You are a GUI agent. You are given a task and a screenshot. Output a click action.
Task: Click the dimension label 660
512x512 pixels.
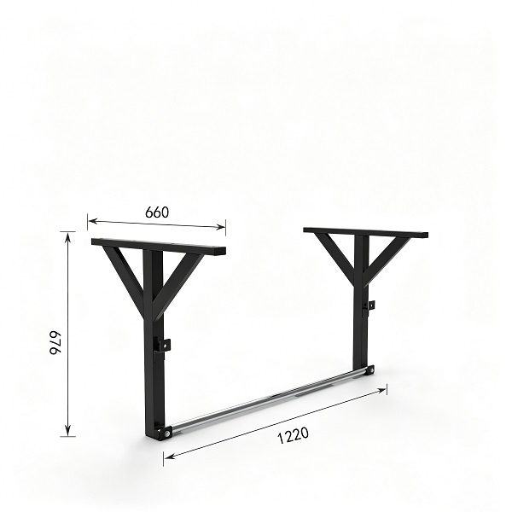tap(157, 212)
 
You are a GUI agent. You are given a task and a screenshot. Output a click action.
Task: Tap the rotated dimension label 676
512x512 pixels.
tap(55, 343)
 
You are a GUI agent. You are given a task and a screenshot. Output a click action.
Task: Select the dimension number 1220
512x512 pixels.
tap(293, 435)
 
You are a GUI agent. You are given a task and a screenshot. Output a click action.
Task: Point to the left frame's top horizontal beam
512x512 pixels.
tap(159, 247)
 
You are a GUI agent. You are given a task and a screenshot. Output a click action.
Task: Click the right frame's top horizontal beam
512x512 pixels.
tap(366, 232)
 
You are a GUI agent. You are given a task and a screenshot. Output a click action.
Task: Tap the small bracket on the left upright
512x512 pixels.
tap(163, 345)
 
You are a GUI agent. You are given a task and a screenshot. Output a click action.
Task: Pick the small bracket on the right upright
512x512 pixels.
tap(370, 305)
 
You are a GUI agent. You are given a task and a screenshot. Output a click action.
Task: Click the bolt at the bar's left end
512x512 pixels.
tap(167, 433)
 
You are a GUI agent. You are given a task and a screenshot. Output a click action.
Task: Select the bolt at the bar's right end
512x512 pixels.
tap(370, 370)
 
